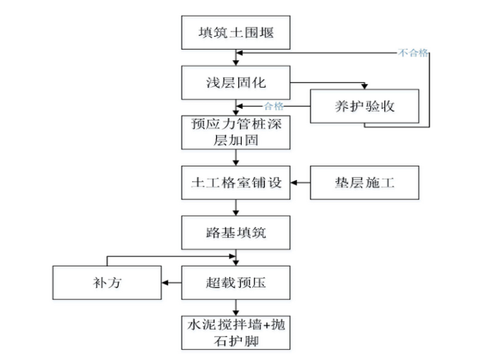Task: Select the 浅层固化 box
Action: click(237, 82)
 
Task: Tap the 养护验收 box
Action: click(364, 105)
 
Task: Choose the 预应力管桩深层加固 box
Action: click(237, 131)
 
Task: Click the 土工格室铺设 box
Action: click(237, 183)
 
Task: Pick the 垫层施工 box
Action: click(364, 183)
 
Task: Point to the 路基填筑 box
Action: click(237, 232)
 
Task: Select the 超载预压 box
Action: click(237, 282)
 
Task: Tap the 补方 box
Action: click(107, 282)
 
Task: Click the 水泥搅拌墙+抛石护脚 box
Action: click(237, 332)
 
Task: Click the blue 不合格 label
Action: click(413, 53)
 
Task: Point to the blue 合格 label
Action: click(273, 105)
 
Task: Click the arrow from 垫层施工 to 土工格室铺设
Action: click(301, 183)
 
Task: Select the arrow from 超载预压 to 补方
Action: click(172, 282)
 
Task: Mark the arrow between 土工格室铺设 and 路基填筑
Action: click(237, 207)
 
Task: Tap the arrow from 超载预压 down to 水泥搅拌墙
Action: click(237, 307)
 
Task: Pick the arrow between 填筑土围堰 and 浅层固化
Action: click(237, 57)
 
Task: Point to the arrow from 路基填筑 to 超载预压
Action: click(237, 257)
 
